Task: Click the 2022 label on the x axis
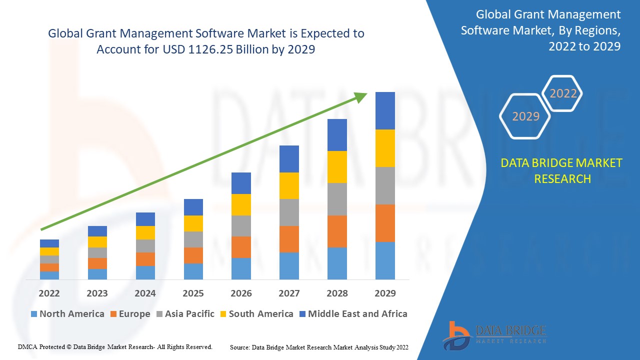pyautogui.click(x=49, y=293)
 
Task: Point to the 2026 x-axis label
pyautogui.click(x=241, y=293)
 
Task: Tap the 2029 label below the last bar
pyautogui.click(x=385, y=293)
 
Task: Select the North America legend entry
pyautogui.click(x=67, y=314)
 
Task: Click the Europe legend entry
pyautogui.click(x=129, y=314)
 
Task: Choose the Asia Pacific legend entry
pyautogui.click(x=186, y=314)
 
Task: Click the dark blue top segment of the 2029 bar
pyautogui.click(x=385, y=110)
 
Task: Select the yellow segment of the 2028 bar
pyautogui.click(x=337, y=167)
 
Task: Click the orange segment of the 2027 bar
pyautogui.click(x=289, y=239)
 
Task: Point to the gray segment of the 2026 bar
pyautogui.click(x=241, y=226)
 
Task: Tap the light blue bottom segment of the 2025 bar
pyautogui.click(x=193, y=271)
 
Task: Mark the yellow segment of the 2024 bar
pyautogui.click(x=145, y=232)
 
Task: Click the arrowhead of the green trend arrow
pyautogui.click(x=361, y=97)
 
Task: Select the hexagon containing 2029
pyautogui.click(x=525, y=116)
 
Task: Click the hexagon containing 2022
pyautogui.click(x=563, y=93)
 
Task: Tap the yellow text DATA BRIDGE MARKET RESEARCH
pyautogui.click(x=562, y=170)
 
